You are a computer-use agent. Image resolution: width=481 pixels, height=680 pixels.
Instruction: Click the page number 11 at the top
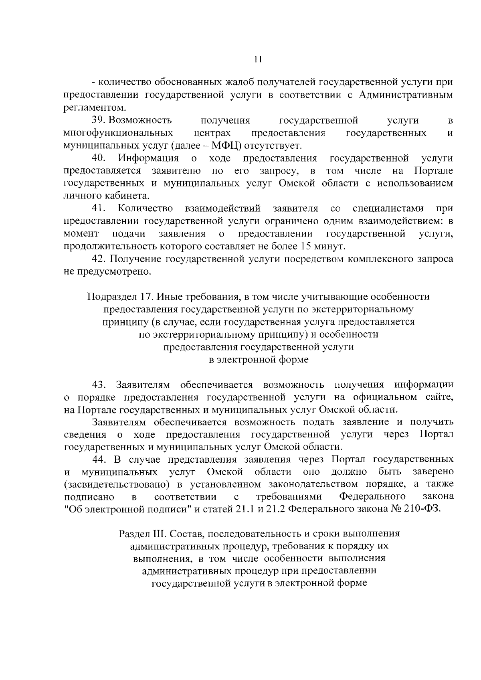[258, 59]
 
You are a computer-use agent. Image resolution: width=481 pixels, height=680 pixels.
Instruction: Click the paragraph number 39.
[99, 120]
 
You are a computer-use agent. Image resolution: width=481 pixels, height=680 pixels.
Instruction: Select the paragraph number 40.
[99, 158]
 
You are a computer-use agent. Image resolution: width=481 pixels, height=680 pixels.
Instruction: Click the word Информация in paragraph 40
[148, 158]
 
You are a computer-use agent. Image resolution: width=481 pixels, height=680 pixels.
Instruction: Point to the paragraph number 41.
[99, 208]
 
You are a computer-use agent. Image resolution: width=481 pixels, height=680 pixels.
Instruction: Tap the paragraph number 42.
[99, 259]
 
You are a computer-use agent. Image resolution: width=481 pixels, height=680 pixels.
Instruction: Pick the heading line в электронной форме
[259, 360]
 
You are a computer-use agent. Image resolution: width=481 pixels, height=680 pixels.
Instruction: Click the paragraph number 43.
[99, 385]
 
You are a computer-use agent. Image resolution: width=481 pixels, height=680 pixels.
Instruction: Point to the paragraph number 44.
[99, 459]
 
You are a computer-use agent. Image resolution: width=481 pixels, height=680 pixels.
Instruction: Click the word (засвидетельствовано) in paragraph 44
[116, 484]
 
